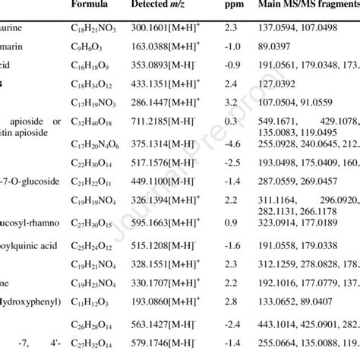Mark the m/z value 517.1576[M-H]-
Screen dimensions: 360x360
[163, 163]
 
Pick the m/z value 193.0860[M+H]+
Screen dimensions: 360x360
[164, 301]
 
